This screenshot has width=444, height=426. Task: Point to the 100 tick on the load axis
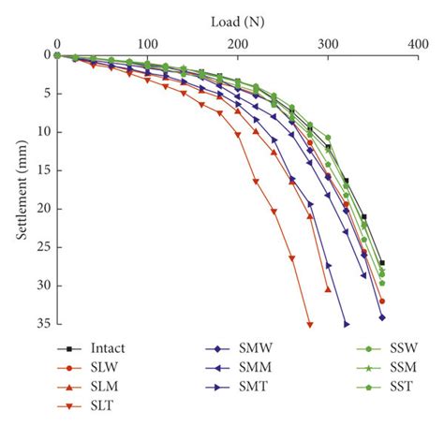(x=147, y=43)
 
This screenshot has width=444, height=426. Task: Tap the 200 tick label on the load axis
(x=238, y=43)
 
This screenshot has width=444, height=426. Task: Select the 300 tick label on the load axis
(x=329, y=43)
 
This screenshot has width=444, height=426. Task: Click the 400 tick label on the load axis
(x=419, y=43)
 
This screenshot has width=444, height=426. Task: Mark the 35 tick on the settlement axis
(x=43, y=324)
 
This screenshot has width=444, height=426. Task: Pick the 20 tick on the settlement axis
(x=43, y=209)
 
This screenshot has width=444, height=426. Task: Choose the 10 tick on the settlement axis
(x=43, y=132)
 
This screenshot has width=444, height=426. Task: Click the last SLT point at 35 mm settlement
(x=310, y=324)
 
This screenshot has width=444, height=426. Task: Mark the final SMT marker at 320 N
(x=347, y=324)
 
